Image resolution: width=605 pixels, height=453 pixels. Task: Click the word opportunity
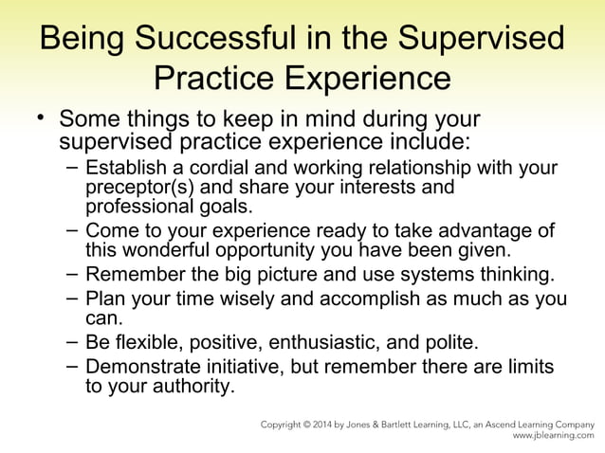pyautogui.click(x=275, y=251)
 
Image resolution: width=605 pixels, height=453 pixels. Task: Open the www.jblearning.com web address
pyautogui.click(x=554, y=438)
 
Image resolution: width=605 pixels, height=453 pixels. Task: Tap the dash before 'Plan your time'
pyautogui.click(x=73, y=299)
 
